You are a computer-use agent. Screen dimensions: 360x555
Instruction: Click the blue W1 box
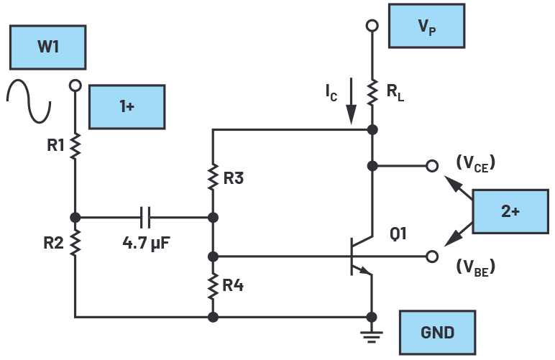[48, 49]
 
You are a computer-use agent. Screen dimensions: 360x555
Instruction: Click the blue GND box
[437, 333]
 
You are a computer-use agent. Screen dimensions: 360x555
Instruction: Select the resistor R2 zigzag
[75, 244]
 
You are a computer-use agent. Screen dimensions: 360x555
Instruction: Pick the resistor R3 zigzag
[213, 177]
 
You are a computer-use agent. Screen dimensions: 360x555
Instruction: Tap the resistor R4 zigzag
[213, 285]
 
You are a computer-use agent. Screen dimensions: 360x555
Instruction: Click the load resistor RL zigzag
[372, 90]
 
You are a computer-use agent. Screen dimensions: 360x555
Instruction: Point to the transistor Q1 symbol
[359, 256]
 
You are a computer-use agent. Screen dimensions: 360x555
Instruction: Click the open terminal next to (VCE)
[431, 166]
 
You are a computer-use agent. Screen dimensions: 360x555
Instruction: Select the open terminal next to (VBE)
[431, 256]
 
